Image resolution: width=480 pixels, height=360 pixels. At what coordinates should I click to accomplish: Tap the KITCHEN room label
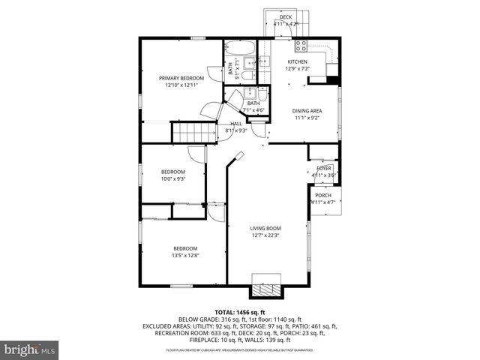point(298,61)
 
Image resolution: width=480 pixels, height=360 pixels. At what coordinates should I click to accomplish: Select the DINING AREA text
point(306,110)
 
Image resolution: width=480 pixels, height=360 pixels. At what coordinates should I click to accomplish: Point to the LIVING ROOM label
point(265,228)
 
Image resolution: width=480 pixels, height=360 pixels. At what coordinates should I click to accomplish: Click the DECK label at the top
point(286,17)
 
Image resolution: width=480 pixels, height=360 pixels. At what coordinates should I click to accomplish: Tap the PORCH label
point(323,195)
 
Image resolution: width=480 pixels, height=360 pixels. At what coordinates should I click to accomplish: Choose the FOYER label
point(323,169)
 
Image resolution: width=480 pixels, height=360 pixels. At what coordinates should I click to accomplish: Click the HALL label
point(236,124)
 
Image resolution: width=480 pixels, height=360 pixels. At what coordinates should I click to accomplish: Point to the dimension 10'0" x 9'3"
point(172,178)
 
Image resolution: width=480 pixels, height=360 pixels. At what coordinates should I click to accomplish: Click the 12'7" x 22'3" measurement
point(265,235)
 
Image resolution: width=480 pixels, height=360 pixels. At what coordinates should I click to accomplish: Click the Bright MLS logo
point(30,349)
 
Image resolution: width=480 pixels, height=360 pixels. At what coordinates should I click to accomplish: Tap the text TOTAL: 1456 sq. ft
point(239,312)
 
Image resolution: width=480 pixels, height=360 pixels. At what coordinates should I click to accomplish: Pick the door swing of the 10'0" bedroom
point(196,153)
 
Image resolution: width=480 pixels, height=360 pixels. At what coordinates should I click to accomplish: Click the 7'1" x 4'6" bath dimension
point(253,110)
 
